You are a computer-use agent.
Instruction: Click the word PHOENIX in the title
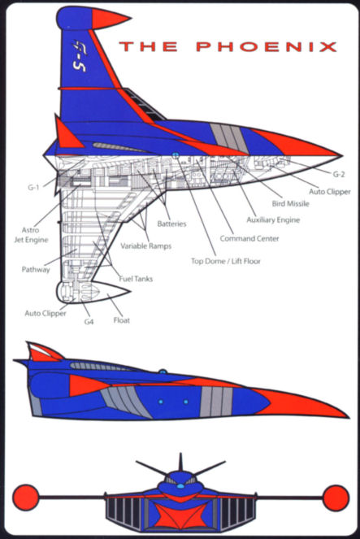[x=267, y=47]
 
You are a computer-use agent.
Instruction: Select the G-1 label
[x=33, y=188]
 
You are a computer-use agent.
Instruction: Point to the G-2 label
[x=338, y=174]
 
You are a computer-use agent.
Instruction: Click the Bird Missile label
[x=291, y=203]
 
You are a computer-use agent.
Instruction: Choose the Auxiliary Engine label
[x=273, y=220]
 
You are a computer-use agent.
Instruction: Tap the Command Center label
[x=249, y=238]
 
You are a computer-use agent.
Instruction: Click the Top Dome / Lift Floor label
[x=226, y=261]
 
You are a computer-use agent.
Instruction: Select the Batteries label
[x=171, y=224]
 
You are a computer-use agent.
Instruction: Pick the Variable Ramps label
[x=145, y=246]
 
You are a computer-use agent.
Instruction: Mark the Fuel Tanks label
[x=136, y=279]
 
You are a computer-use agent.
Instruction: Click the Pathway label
[x=36, y=270]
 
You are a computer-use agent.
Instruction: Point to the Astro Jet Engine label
[x=31, y=235]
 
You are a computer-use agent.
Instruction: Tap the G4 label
[x=89, y=322]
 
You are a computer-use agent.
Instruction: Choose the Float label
[x=122, y=320]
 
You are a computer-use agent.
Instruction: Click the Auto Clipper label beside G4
[x=46, y=314]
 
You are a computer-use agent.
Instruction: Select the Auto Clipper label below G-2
[x=330, y=192]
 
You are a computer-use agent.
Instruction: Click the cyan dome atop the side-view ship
[x=163, y=372]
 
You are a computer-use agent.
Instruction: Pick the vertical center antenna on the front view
[x=180, y=463]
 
